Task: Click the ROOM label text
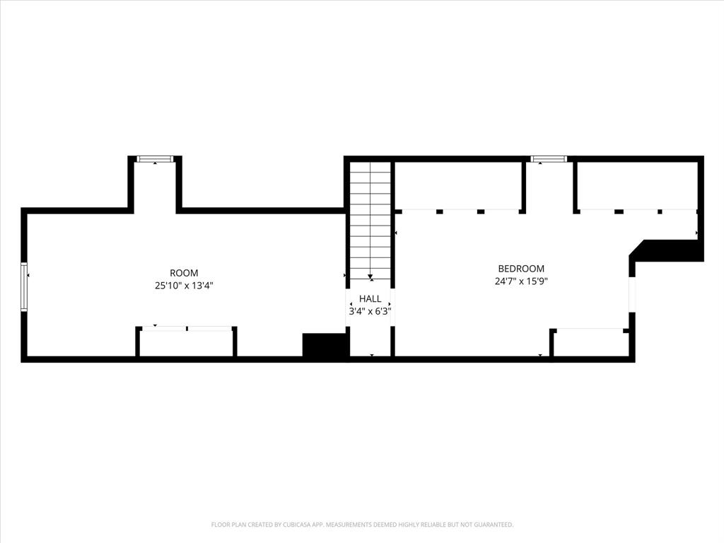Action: (x=184, y=273)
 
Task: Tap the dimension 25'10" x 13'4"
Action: (x=184, y=286)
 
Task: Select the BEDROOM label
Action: (x=521, y=269)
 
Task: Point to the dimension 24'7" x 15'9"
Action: (x=521, y=281)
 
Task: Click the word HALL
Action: (x=370, y=299)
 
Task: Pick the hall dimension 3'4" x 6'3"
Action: (x=370, y=310)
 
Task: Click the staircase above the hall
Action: (x=370, y=212)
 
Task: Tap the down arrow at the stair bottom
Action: (x=370, y=277)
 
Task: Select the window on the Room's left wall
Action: (x=24, y=286)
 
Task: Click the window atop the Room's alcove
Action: (x=155, y=159)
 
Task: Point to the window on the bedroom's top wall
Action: (x=549, y=159)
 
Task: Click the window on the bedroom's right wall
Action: (x=632, y=294)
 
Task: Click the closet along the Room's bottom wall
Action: (x=186, y=343)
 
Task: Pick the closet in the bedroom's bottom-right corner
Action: (x=590, y=343)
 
